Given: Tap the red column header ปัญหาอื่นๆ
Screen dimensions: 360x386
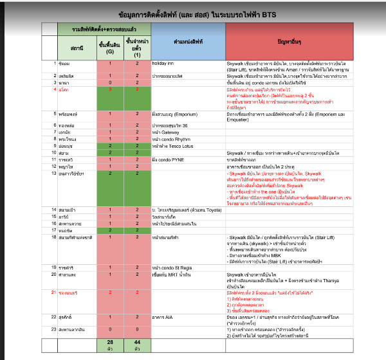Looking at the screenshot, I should (289, 40).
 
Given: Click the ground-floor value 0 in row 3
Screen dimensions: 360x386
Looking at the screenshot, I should (110, 82).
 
